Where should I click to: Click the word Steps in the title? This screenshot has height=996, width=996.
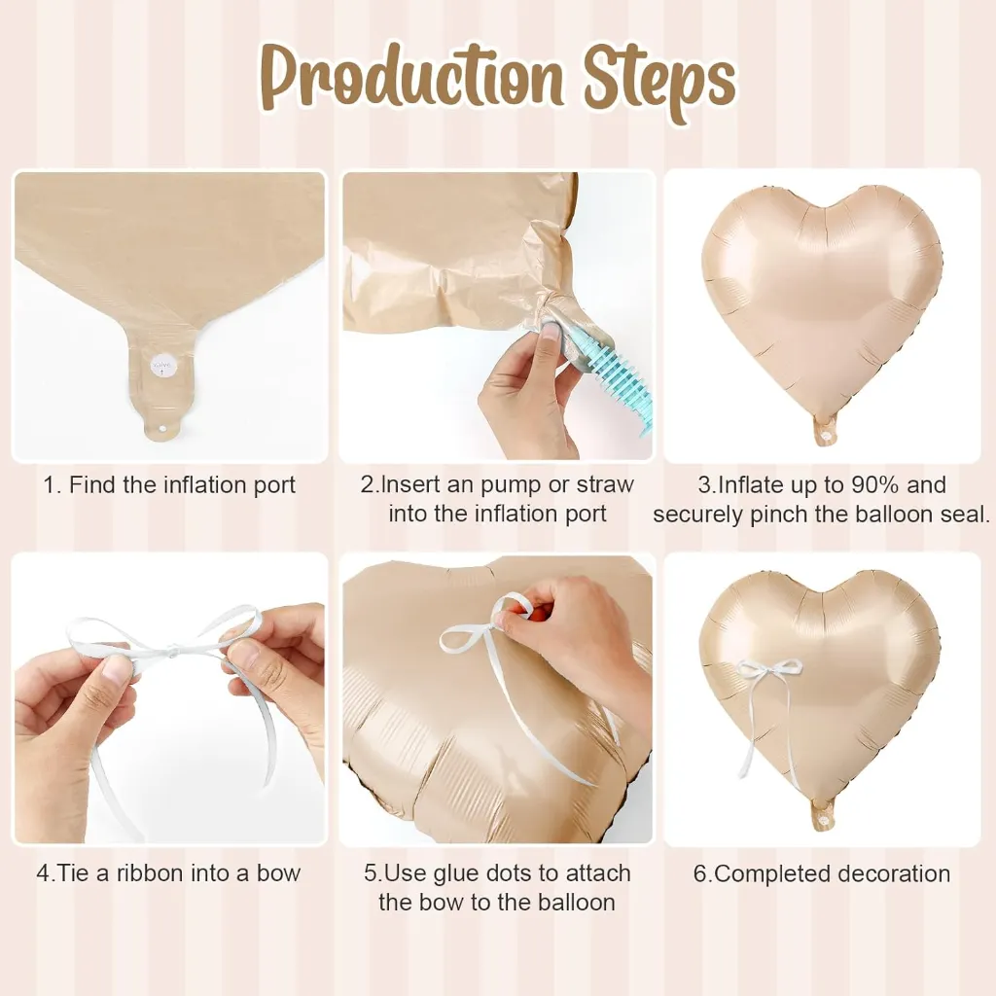point(660,83)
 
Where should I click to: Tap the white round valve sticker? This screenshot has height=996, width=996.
point(161,366)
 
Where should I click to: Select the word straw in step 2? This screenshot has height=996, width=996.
point(605,484)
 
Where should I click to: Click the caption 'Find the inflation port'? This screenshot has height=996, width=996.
point(182,485)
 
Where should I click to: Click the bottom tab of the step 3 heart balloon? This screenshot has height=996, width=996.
point(825,432)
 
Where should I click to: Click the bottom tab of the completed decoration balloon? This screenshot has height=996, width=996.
point(824,816)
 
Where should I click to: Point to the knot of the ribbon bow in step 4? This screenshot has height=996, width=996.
point(170,649)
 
